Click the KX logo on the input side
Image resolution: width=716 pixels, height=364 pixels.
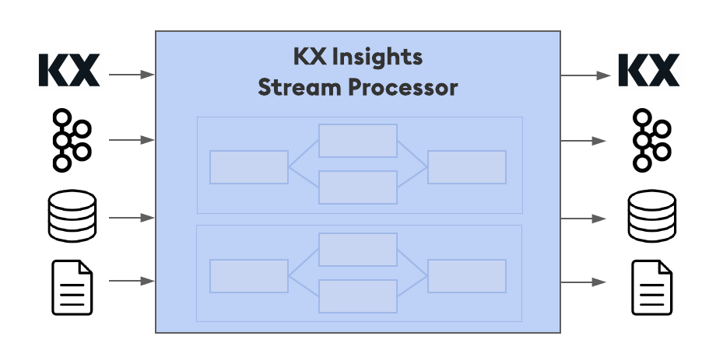(x=69, y=71)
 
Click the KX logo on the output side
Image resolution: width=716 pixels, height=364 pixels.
(x=648, y=71)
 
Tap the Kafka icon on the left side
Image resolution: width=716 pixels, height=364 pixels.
(x=72, y=140)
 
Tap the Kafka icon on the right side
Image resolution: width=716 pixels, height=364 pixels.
(x=651, y=140)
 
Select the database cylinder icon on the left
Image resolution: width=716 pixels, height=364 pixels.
(x=72, y=216)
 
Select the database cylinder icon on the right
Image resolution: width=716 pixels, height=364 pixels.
(x=651, y=216)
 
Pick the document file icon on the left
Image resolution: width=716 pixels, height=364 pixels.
(x=72, y=288)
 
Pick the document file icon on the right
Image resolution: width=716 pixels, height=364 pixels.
(x=651, y=288)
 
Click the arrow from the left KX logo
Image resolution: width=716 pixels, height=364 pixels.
(x=132, y=75)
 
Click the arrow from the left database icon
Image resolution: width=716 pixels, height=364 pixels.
(x=132, y=218)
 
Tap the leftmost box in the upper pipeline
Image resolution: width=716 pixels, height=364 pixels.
(x=249, y=167)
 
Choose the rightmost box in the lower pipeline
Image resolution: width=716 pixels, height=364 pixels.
(x=467, y=276)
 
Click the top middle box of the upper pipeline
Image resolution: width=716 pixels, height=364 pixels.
(x=358, y=141)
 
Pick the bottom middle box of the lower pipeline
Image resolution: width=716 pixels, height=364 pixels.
(x=358, y=296)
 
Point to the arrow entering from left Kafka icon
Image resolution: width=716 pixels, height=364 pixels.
(x=132, y=140)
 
